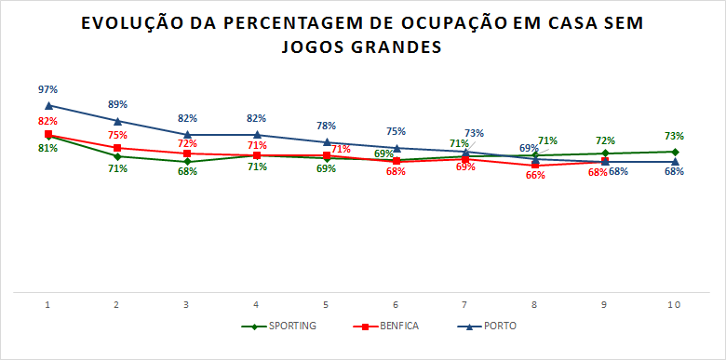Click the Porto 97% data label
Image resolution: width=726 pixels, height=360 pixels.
pos(48,89)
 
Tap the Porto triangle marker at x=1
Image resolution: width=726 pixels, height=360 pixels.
pos(48,105)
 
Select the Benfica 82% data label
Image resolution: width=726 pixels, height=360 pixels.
pos(48,121)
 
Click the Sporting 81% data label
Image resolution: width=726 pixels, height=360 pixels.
pos(48,148)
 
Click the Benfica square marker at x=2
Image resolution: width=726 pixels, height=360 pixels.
pos(117,148)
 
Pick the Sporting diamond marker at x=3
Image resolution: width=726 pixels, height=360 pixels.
pos(187,161)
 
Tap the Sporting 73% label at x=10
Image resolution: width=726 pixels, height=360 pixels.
pos(674,136)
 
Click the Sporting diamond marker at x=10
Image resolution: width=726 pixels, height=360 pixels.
pos(674,152)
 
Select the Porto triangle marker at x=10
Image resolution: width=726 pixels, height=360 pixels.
pos(674,162)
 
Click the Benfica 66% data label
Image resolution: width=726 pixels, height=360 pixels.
pos(535,175)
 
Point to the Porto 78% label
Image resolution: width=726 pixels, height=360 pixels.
pos(326,126)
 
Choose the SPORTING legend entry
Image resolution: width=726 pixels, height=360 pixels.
pos(279,326)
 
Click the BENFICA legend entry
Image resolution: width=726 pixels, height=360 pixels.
pos(386,326)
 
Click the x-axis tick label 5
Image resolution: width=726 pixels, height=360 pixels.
pos(326,305)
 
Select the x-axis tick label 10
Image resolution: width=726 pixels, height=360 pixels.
pos(674,305)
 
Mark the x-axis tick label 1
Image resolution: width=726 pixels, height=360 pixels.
pos(48,305)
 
